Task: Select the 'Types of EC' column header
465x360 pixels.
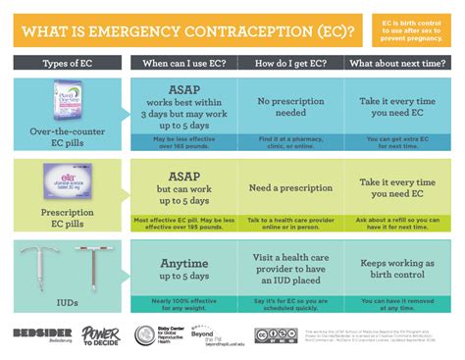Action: click(x=66, y=64)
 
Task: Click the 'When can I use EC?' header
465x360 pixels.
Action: click(x=184, y=64)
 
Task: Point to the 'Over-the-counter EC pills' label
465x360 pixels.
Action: click(x=66, y=135)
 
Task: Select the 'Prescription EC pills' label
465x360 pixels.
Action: click(x=66, y=216)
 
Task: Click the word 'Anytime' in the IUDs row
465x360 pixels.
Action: click(x=184, y=263)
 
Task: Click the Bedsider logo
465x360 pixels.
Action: click(x=36, y=334)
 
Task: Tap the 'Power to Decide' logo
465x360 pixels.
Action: click(x=100, y=335)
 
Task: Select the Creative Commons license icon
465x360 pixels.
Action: click(x=277, y=335)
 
